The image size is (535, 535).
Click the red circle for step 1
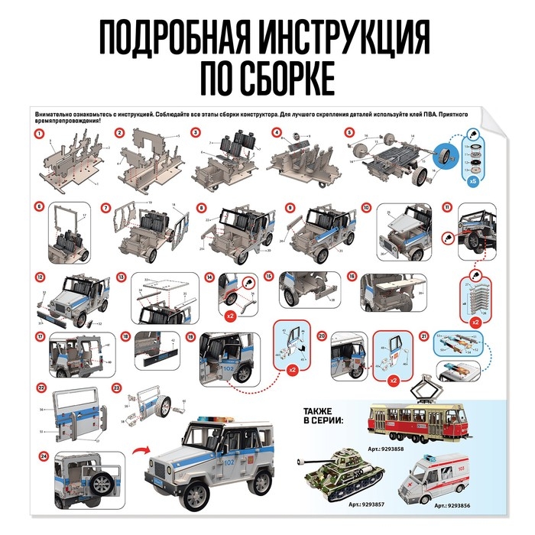(37, 134)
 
